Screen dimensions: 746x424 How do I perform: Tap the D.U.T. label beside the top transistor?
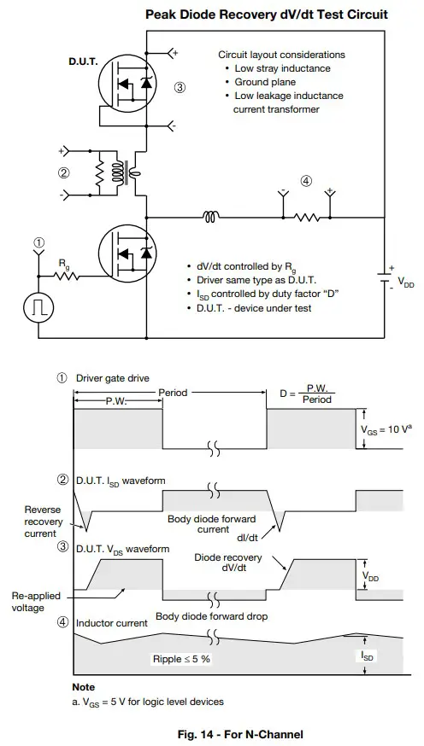click(x=83, y=63)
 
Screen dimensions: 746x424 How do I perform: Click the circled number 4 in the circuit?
click(x=306, y=180)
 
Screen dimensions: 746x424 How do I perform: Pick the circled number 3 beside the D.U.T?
click(x=180, y=87)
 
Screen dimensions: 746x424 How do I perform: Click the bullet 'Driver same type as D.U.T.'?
click(x=260, y=280)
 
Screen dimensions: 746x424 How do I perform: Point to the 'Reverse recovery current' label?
click(x=31, y=520)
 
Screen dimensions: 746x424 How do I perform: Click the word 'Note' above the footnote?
click(x=84, y=687)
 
